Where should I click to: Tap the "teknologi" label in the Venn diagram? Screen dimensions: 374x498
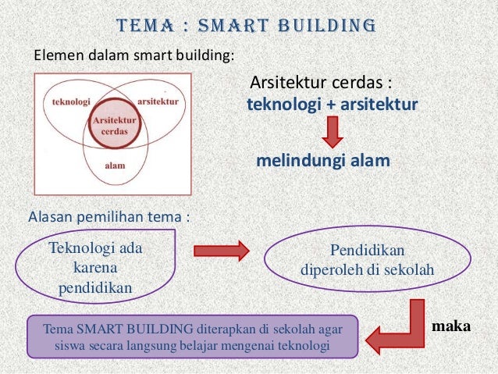(70, 102)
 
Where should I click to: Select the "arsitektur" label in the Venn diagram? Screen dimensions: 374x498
(158, 102)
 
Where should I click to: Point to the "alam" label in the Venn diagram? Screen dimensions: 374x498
(114, 165)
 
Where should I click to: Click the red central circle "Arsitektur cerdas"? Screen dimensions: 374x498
(115, 126)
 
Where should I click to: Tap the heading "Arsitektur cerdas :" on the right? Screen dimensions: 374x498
(319, 83)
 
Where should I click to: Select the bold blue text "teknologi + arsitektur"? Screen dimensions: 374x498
(333, 104)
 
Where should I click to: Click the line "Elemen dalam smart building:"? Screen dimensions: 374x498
(132, 55)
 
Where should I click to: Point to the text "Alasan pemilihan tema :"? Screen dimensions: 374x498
(108, 215)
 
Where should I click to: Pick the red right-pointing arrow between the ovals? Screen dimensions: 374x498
(221, 251)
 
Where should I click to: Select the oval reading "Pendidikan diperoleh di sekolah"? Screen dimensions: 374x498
(368, 263)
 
